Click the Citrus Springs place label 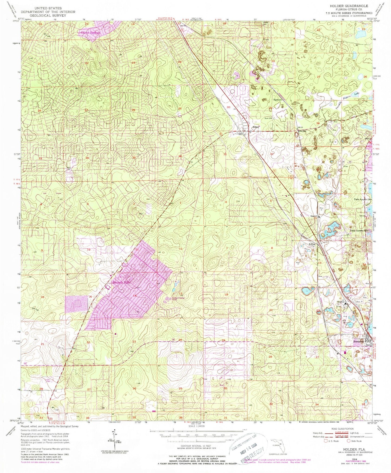[x=90, y=32]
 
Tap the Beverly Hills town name [x=121, y=282]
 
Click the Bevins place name [x=305, y=131]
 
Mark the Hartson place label [x=278, y=99]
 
